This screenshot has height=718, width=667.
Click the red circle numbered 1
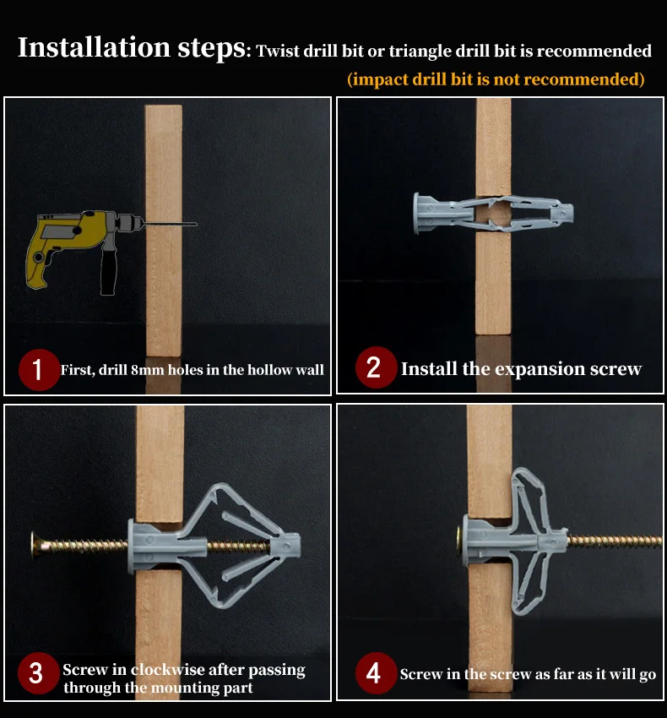(x=39, y=369)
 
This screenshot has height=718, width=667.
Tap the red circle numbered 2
(x=377, y=367)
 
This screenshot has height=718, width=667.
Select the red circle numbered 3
(x=38, y=672)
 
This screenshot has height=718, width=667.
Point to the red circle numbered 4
(x=376, y=673)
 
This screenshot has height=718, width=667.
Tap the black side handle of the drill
(x=109, y=270)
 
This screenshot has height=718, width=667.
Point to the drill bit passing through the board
(x=170, y=224)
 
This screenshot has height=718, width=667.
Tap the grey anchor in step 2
(x=493, y=214)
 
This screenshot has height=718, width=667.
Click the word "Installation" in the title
(x=94, y=47)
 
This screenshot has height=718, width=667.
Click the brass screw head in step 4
(x=458, y=541)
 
